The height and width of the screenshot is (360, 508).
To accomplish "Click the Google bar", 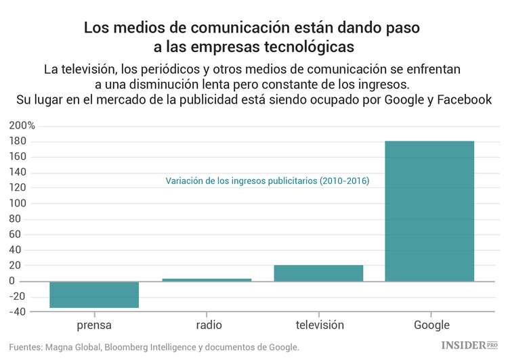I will click(x=429, y=210).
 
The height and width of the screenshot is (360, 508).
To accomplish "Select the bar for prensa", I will click(x=94, y=294).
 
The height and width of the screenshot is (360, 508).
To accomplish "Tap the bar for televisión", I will click(x=318, y=273).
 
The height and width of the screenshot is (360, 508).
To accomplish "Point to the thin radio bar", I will click(x=207, y=279).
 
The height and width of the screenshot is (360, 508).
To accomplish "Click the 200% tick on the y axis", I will click(x=22, y=126).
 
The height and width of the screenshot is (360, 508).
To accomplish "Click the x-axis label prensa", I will click(x=94, y=325).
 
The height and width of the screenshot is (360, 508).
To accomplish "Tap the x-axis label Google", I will click(x=431, y=325).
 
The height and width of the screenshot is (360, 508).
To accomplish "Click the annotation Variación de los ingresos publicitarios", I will click(x=267, y=181).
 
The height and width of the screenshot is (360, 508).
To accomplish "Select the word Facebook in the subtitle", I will click(x=464, y=99).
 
